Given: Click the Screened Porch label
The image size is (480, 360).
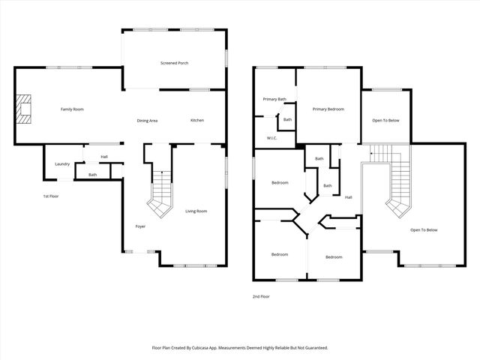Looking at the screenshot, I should click(x=174, y=63).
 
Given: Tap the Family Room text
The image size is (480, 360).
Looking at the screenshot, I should click(x=72, y=109).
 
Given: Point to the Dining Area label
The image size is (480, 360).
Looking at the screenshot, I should click(x=147, y=121).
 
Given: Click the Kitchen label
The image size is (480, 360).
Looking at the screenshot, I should click(x=196, y=121).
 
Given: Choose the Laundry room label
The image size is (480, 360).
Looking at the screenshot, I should click(x=62, y=163).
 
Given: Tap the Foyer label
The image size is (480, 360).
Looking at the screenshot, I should click(x=140, y=226).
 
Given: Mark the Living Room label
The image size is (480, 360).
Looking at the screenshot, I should click(x=196, y=211).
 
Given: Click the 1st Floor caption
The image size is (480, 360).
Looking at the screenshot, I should click(x=51, y=196).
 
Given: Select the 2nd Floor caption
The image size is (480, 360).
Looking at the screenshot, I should click(x=261, y=297).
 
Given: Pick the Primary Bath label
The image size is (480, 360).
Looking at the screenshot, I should click(x=274, y=99).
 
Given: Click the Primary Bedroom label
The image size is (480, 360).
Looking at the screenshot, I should click(x=328, y=109).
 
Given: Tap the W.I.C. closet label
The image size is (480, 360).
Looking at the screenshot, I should click(x=273, y=138).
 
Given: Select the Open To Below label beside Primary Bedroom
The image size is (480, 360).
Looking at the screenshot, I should click(x=385, y=120).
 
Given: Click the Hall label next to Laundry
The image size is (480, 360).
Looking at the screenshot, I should click(x=104, y=157).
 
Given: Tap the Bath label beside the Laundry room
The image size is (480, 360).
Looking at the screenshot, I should click(x=92, y=175).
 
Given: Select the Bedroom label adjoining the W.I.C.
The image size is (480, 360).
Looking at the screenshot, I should click(x=279, y=182).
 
